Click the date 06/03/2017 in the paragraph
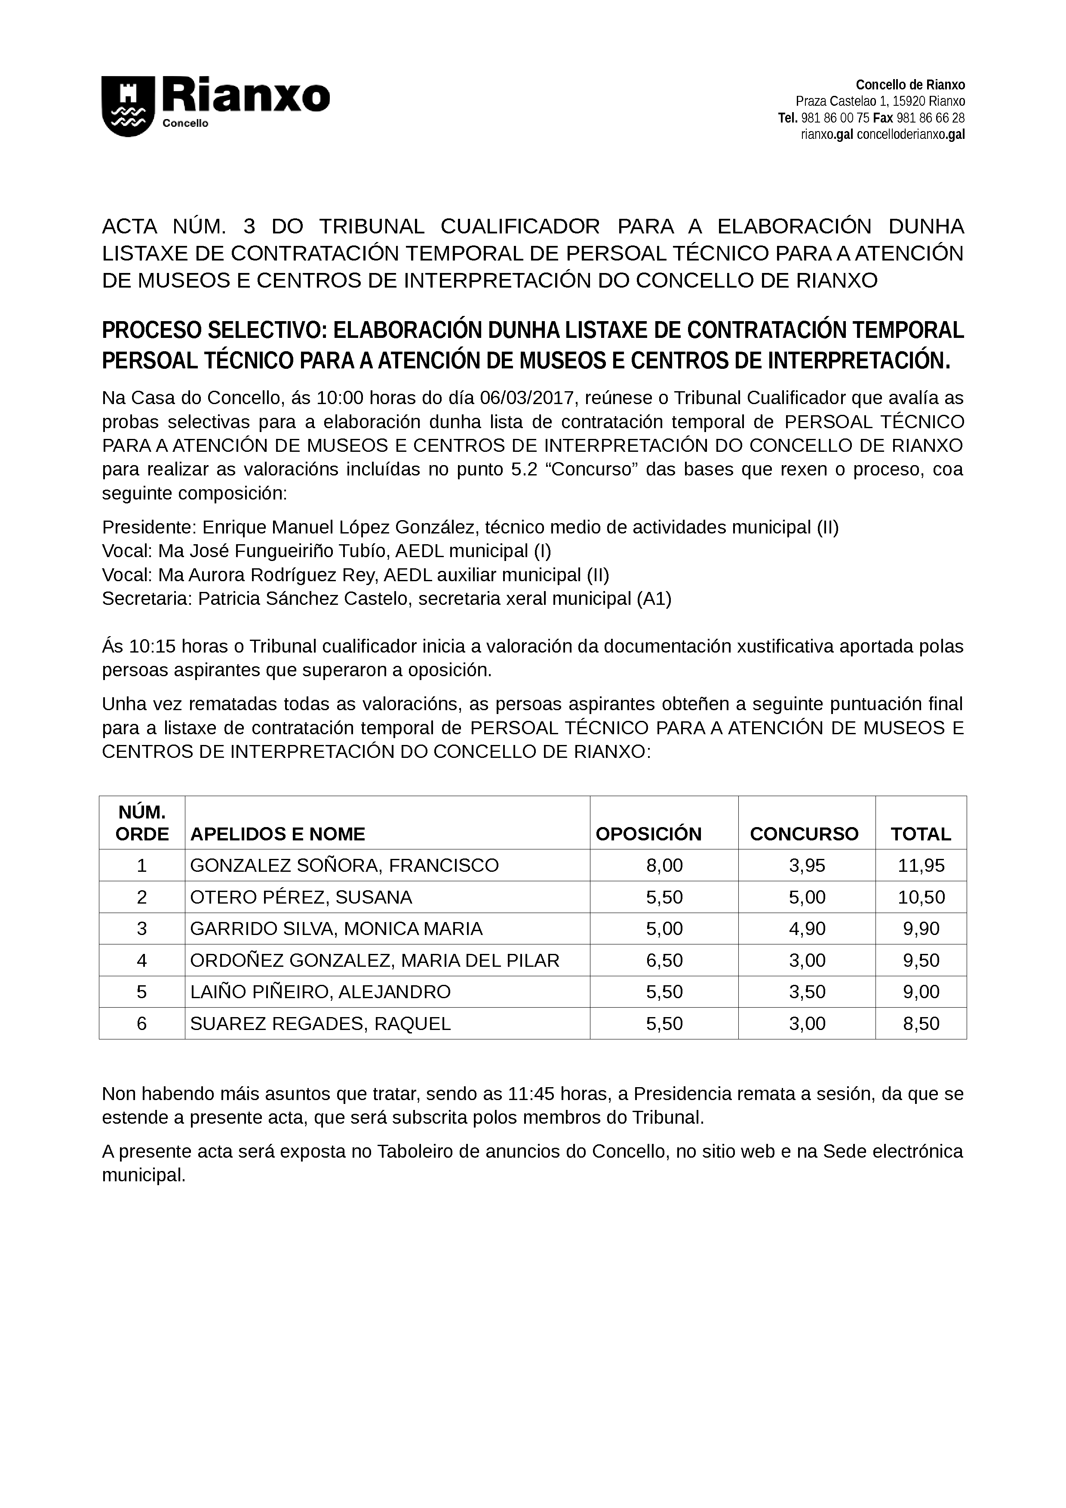(x=527, y=398)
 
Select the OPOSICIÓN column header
(x=648, y=834)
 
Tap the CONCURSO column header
(x=804, y=834)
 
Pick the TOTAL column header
(x=920, y=834)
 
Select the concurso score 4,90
(x=807, y=928)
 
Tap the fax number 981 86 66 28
(x=930, y=118)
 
